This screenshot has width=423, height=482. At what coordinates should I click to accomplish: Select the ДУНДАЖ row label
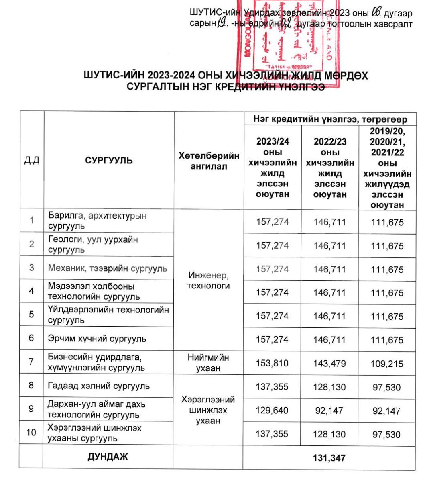[x=108, y=457]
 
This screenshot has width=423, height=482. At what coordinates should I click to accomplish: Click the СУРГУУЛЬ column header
[x=109, y=161]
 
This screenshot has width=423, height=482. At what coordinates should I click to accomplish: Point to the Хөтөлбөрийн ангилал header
[x=208, y=161]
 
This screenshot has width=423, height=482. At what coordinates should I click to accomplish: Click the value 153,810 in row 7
[x=272, y=363]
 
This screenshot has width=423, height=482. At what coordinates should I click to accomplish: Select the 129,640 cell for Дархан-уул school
[x=272, y=411]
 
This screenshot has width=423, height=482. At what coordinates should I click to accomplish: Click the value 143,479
[x=329, y=363]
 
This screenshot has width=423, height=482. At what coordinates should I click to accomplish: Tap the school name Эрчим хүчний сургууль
[x=97, y=339]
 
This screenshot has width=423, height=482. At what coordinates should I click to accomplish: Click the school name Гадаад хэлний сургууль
[x=99, y=386]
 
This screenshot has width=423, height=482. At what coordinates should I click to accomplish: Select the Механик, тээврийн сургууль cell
[x=108, y=268]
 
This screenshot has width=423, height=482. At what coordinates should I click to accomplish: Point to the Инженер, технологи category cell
[x=208, y=280]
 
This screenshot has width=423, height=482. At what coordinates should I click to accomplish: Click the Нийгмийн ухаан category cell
[x=208, y=363]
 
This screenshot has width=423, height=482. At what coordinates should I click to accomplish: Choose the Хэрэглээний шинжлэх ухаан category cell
[x=208, y=410]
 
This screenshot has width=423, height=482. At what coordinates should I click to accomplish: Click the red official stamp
[x=289, y=40]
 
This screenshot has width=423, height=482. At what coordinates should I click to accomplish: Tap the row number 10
[x=31, y=433]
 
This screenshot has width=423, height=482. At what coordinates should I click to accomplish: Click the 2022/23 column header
[x=330, y=168]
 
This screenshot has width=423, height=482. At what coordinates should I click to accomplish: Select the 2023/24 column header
[x=273, y=168]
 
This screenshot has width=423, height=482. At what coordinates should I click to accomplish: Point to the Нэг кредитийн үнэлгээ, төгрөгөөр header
[x=330, y=119]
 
